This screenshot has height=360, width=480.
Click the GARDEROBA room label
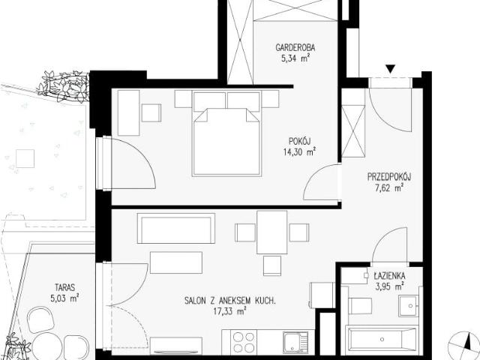click(x=295, y=47)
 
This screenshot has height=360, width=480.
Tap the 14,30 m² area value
click(x=300, y=151)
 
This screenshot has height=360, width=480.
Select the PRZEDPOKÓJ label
click(x=389, y=177)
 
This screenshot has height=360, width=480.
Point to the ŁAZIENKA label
click(x=389, y=276)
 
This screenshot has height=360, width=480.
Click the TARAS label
click(x=65, y=287)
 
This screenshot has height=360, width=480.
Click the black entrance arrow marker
click(x=390, y=69)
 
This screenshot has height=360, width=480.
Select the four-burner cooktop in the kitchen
click(x=243, y=342)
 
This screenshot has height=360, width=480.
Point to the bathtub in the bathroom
click(x=382, y=339)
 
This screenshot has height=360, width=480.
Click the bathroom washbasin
click(x=409, y=305)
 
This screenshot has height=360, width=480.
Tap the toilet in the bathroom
click(x=361, y=305)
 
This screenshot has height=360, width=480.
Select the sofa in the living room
click(x=176, y=228)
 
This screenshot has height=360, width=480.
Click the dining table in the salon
click(x=272, y=232)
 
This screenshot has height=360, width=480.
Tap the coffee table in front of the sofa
click(x=176, y=262)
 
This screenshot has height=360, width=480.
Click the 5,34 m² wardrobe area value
click(x=295, y=58)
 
